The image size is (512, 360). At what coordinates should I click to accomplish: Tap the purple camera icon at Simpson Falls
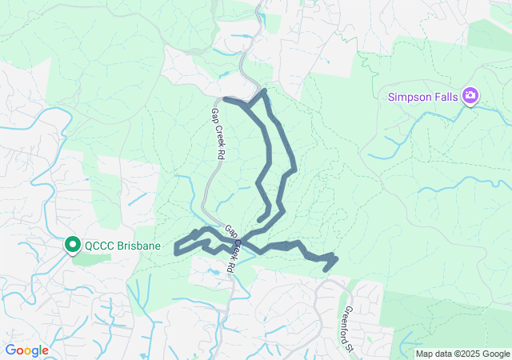coord(470,96)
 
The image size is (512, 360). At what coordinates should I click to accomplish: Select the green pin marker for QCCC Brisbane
coord(72,245)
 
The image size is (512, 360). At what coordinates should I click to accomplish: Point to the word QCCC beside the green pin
coord(100,246)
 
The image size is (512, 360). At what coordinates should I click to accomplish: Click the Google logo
coord(26,350)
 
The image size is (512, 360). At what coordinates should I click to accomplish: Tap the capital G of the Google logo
coord(10,350)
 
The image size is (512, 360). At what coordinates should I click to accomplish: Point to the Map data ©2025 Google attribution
coord(462,354)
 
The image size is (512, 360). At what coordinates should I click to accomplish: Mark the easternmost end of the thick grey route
coord(334,258)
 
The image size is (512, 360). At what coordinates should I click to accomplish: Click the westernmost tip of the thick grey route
coord(176,250)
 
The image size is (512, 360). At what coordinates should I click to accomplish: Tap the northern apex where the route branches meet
coord(262,92)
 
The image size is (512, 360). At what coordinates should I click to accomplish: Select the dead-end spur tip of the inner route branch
coord(259,219)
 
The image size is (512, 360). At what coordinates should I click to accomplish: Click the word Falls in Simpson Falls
coord(445,97)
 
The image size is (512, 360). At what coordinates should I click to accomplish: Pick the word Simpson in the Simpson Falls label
coord(409,97)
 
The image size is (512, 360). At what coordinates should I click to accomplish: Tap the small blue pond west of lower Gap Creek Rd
coord(213,273)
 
